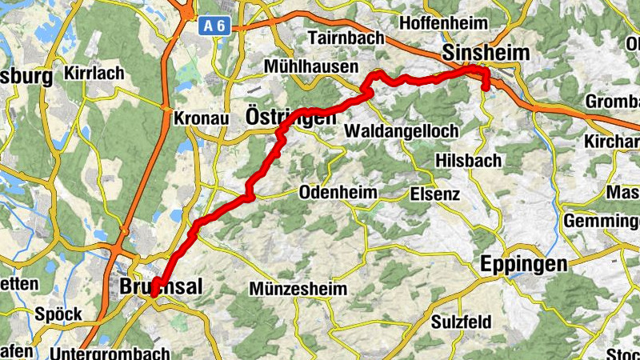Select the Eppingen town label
[x=524, y=265]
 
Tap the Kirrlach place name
[x=95, y=74]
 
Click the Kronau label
[x=201, y=118]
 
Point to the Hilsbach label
[x=469, y=160]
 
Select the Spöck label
[x=58, y=314]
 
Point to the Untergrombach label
[x=110, y=353]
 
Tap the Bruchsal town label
[x=160, y=286]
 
